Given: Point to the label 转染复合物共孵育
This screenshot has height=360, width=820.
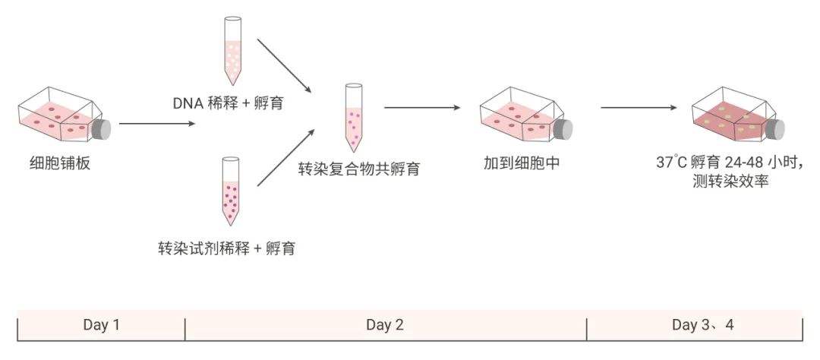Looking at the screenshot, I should click(358, 169).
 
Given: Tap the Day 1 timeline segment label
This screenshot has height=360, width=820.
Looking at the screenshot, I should click(101, 325).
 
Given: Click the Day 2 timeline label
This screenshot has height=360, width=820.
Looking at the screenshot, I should click(385, 325).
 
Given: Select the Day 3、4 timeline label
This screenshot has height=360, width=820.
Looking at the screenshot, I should click(703, 325).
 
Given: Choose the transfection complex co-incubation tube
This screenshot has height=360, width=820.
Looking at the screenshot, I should click(354, 116).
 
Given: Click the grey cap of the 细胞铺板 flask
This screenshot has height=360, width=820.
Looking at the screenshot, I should click(100, 129).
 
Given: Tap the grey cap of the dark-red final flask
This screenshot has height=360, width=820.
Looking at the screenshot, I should click(774, 129).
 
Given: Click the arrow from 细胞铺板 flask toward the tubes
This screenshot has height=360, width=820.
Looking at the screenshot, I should click(156, 123).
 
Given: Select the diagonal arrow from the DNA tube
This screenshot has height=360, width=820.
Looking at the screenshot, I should click(285, 64).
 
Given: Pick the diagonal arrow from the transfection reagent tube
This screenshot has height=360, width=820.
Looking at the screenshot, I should click(285, 157).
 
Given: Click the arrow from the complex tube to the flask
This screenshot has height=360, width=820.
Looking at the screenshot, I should click(422, 108).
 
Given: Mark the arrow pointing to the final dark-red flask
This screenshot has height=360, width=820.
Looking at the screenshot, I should click(639, 108).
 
